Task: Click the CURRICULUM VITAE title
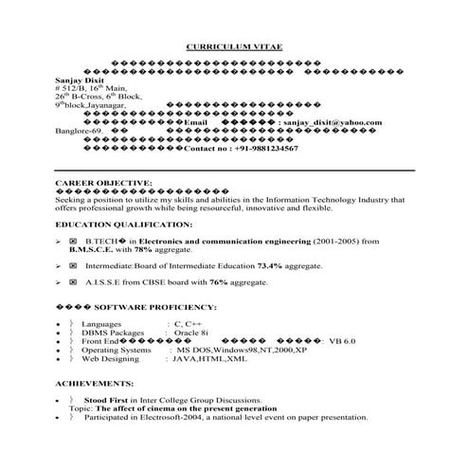point(234,45)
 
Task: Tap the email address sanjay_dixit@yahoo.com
point(332,122)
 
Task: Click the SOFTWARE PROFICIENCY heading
point(165,307)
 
